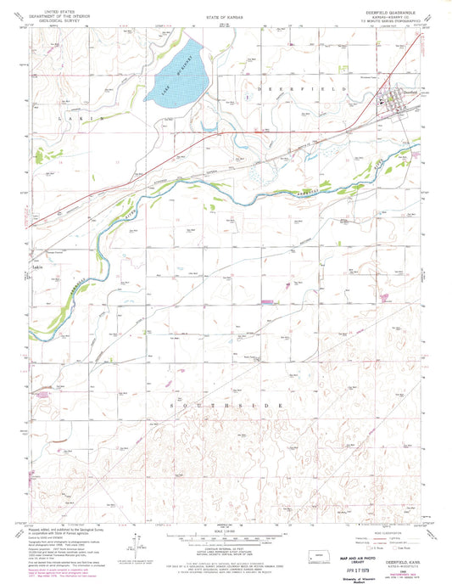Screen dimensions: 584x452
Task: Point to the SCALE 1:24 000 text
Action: [x=225, y=531]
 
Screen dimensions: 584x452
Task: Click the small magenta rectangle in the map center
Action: [x=268, y=300]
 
